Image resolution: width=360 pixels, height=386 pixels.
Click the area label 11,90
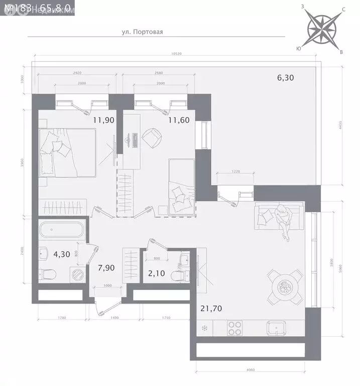(x=102, y=120)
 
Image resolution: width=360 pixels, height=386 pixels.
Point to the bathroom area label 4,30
(x=48, y=254)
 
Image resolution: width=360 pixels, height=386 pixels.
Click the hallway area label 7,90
(x=106, y=268)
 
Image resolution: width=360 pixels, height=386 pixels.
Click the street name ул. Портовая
(x=143, y=31)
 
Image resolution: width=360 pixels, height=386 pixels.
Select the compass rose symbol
(x=321, y=28)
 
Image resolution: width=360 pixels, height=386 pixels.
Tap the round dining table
(x=285, y=287)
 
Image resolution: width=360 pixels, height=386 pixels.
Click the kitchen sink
(x=277, y=329)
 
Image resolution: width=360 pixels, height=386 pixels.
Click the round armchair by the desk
(x=152, y=137)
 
